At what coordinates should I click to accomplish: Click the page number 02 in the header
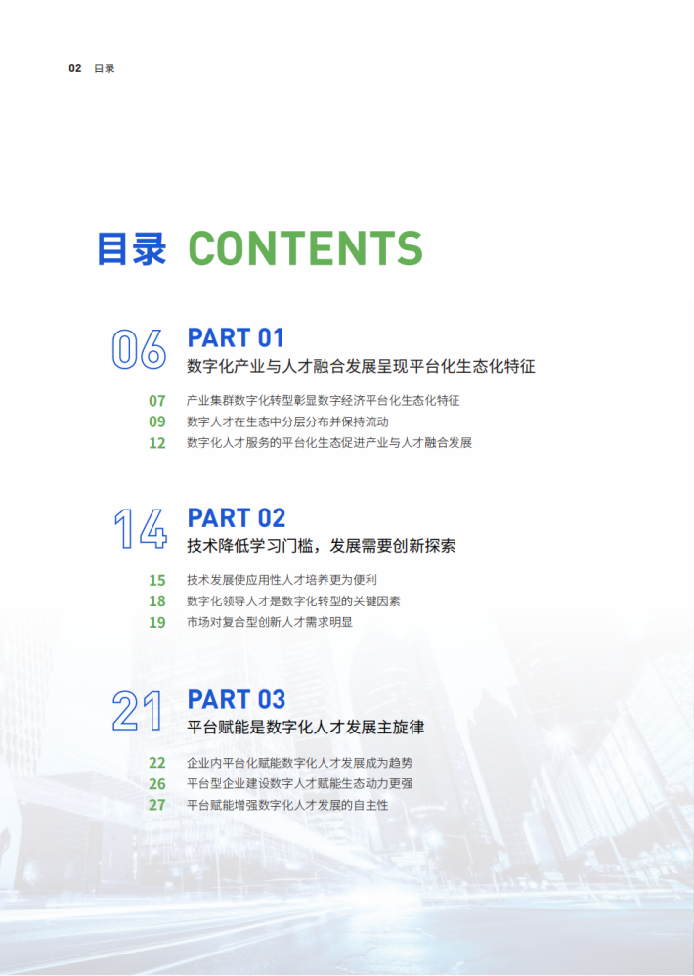[x=74, y=68]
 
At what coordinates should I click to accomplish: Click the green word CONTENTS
[x=305, y=248]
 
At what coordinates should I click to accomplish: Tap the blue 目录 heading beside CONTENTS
[x=132, y=249]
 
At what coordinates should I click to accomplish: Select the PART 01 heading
[x=236, y=338]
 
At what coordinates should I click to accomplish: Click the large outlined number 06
[x=139, y=349]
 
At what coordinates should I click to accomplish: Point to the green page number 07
[x=157, y=401]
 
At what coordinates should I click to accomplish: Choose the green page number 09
[x=157, y=422]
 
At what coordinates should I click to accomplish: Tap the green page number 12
[x=157, y=443]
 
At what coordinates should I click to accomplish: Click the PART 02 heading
[x=237, y=518]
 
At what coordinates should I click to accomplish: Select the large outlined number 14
[x=141, y=529]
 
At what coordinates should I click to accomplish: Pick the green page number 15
[x=157, y=580]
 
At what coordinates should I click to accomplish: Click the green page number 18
[x=157, y=601]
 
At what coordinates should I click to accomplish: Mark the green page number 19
[x=157, y=622]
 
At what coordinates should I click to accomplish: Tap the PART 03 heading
[x=237, y=699]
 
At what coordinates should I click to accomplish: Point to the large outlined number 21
[x=138, y=711]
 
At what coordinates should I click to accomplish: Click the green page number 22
[x=157, y=763]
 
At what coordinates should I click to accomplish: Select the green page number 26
[x=157, y=784]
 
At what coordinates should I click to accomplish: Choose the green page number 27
[x=157, y=806]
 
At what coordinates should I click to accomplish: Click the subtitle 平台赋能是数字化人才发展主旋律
[x=306, y=727]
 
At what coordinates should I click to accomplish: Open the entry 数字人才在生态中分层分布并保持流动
[x=288, y=422]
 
